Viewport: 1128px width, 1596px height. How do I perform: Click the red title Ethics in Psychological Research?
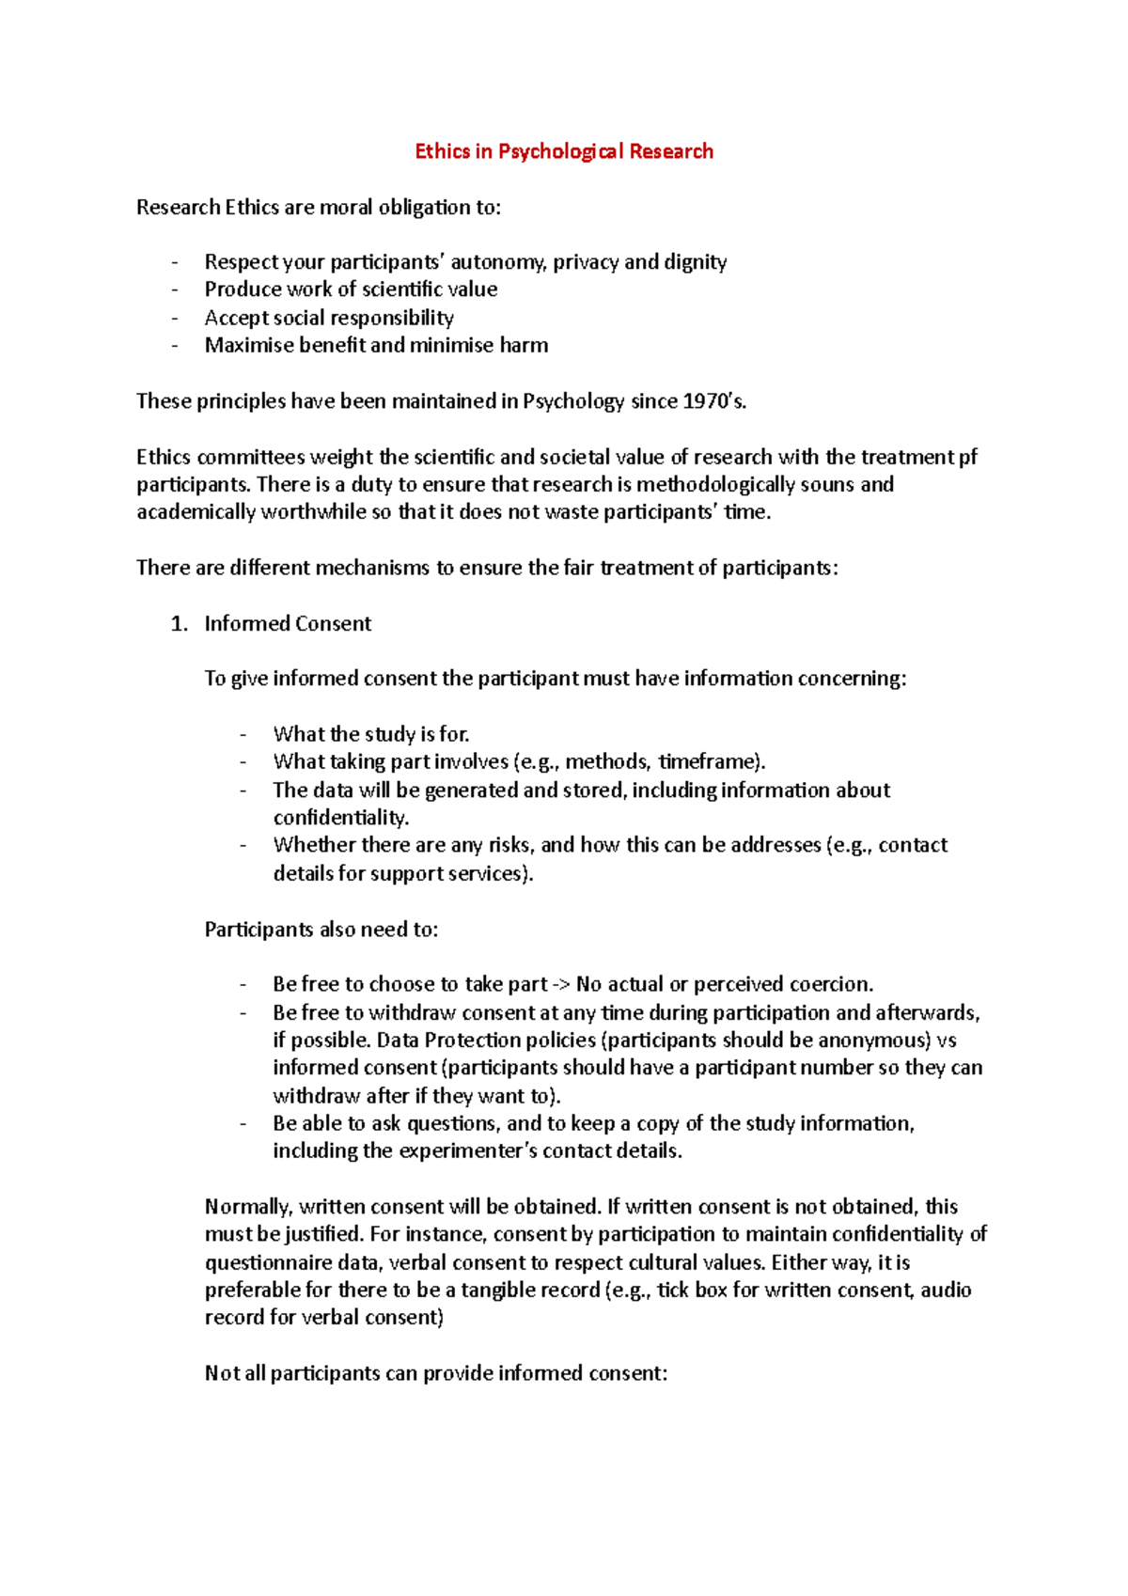(x=564, y=151)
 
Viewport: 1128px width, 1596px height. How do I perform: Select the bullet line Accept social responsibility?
(x=329, y=318)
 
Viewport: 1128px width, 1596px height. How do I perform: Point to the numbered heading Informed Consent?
(x=288, y=623)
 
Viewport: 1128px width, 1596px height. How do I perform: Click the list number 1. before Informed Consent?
(x=179, y=623)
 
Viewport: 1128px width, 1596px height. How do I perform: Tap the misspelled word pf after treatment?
(x=968, y=457)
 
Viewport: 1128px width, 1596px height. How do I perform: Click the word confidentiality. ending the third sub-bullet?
(x=340, y=817)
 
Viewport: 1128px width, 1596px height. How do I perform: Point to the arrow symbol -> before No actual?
(x=561, y=984)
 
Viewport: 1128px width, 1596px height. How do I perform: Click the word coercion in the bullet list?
(x=831, y=984)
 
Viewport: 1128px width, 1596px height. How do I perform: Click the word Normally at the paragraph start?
(x=249, y=1207)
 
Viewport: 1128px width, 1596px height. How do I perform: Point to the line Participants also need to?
(x=321, y=930)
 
